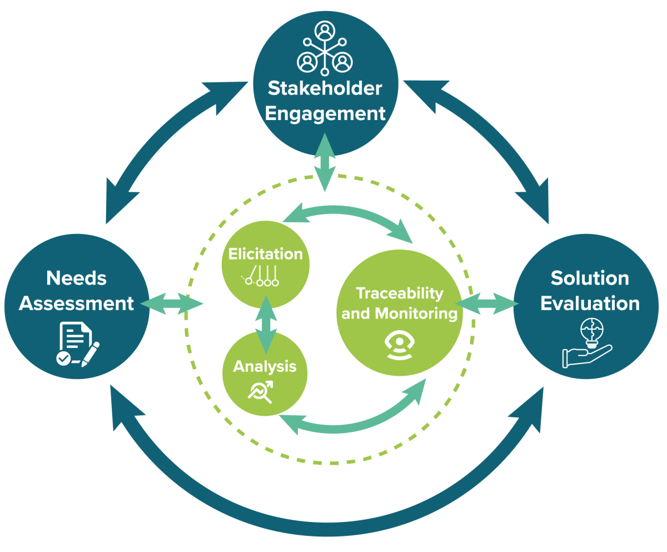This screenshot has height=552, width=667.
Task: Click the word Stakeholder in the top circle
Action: [x=325, y=88]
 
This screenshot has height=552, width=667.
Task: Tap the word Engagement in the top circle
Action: [x=325, y=113]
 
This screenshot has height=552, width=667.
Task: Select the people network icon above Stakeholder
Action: [x=325, y=48]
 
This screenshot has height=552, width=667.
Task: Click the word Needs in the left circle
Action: [x=76, y=278]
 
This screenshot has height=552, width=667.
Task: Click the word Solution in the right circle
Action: [x=590, y=278]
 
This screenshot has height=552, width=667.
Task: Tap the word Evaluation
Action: [x=590, y=304]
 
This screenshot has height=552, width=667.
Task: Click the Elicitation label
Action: [x=265, y=254]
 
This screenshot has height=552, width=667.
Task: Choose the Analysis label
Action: [x=265, y=366]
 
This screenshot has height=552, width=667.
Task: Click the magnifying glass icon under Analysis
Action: [x=261, y=391]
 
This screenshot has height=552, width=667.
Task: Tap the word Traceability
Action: [x=400, y=293]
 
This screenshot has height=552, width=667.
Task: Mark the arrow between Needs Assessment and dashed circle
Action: [x=172, y=304]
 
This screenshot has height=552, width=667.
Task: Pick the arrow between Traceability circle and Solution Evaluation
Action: [x=487, y=304]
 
